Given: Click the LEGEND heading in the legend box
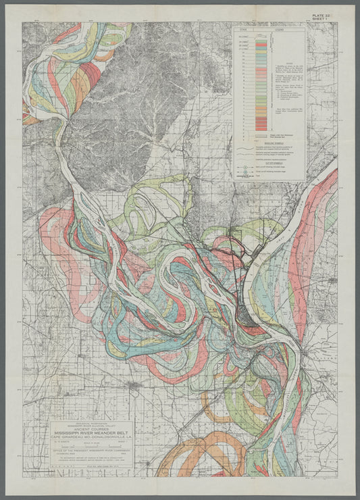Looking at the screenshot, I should pos(276,30).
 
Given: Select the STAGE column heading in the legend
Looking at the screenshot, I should pos(245,30).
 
